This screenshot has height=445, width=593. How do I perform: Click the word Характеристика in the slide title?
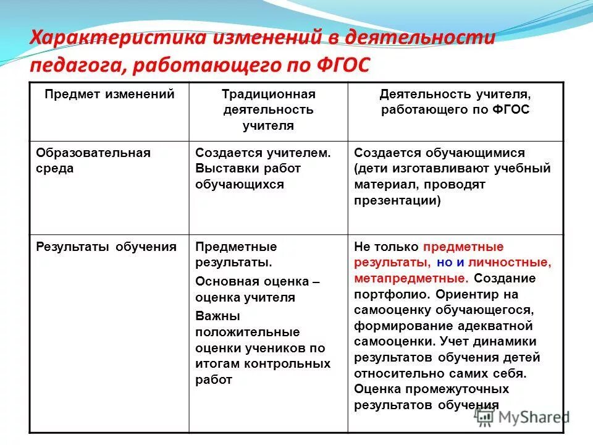[117, 38]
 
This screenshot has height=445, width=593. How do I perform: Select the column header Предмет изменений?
[109, 95]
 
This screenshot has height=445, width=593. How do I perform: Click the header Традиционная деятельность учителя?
[268, 109]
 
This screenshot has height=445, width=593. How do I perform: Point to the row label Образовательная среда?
[93, 161]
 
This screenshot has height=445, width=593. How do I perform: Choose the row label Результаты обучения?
[106, 247]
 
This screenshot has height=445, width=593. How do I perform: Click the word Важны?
[213, 316]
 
